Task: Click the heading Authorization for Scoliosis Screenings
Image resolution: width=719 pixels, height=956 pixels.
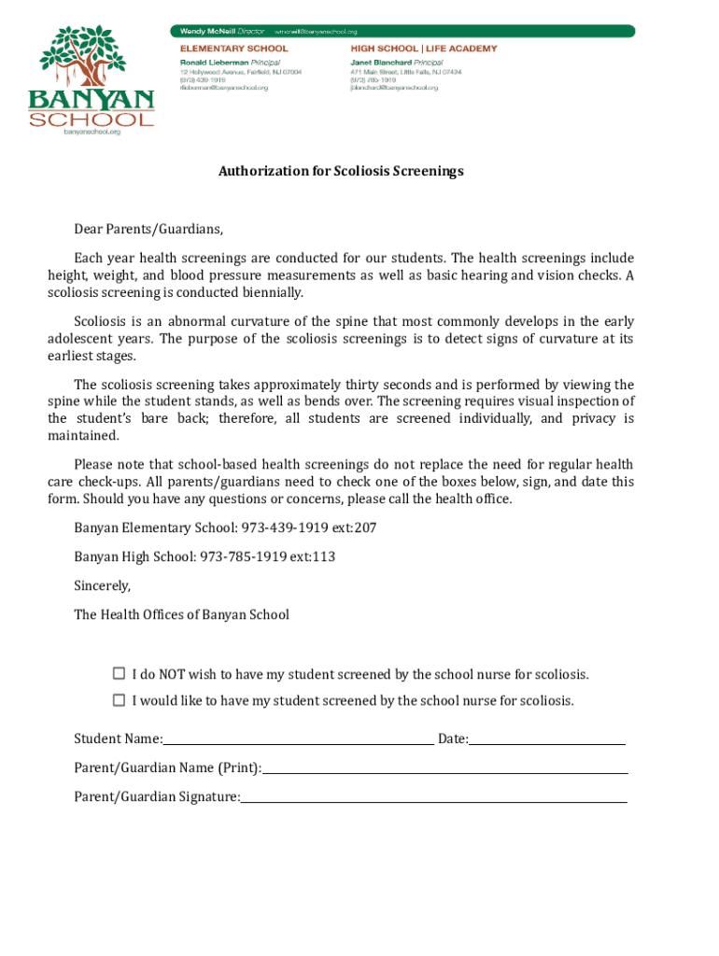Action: point(341,172)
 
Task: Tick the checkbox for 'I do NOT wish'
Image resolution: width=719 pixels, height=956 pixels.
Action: point(119,673)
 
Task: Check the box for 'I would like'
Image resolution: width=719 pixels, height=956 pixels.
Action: point(119,699)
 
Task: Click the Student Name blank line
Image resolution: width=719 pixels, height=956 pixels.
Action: point(298,739)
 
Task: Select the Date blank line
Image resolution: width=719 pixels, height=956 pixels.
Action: point(547,739)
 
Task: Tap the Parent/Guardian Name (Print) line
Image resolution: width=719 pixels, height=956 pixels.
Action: point(444,768)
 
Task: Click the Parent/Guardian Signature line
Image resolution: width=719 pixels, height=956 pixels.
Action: point(433,797)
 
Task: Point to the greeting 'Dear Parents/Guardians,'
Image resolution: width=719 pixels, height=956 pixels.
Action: point(148,230)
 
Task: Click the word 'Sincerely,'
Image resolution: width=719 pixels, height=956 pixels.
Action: point(103,586)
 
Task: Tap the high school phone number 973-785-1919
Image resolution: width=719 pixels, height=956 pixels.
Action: point(247,557)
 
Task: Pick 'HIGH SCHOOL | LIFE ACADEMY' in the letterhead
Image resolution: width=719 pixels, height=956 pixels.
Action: point(423,49)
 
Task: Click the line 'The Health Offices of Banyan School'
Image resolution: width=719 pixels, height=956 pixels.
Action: point(181,614)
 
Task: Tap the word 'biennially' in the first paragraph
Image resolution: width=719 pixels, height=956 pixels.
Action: point(272,292)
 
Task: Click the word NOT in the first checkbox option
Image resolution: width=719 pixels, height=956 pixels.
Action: point(171,674)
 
